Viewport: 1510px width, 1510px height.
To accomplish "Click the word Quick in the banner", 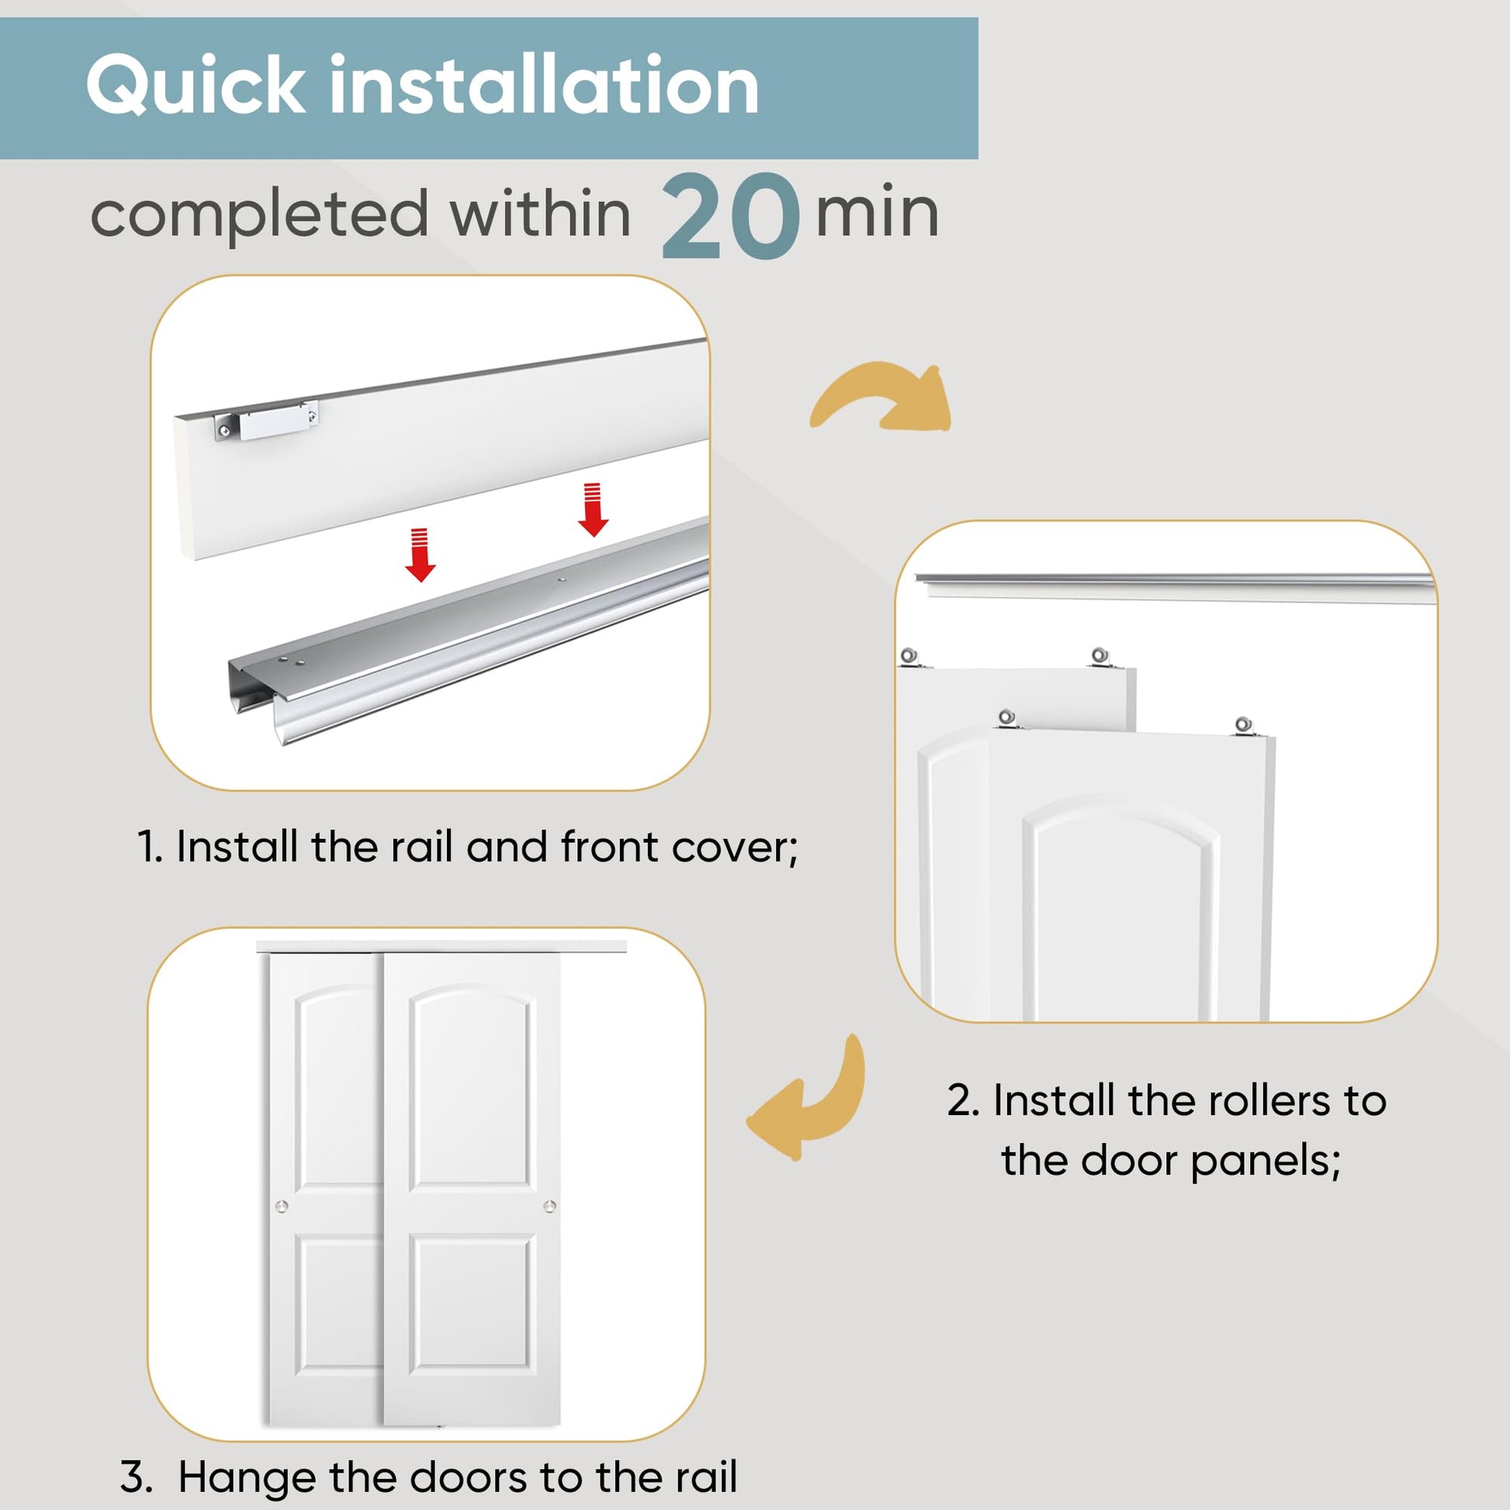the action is pos(196,86).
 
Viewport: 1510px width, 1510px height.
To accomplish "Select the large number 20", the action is pos(731,216).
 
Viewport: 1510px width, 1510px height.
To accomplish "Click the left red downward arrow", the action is pos(421,555).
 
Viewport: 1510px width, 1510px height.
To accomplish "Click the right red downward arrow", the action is pos(593,510).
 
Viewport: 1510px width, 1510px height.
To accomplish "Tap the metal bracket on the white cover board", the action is pos(267,421).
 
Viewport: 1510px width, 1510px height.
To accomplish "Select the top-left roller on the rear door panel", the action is pos(909,656).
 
